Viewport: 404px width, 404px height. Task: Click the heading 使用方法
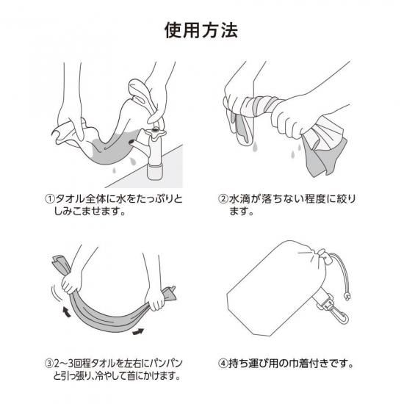tap(201, 30)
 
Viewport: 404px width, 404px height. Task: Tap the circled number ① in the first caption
tap(50, 199)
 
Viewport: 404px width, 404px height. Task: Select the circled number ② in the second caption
tap(223, 199)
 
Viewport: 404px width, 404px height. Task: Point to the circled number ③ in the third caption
tap(49, 364)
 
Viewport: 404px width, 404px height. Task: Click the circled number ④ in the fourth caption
tap(223, 364)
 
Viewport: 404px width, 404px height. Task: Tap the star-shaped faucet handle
tap(156, 132)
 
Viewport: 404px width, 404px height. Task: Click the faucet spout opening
tap(131, 142)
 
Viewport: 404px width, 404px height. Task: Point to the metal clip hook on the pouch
tap(339, 314)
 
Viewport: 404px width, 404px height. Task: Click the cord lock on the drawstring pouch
tap(325, 257)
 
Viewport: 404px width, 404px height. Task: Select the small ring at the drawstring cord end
tap(347, 297)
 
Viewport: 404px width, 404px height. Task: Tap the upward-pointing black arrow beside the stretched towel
tap(66, 311)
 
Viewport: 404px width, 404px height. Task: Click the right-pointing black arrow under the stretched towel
tap(138, 331)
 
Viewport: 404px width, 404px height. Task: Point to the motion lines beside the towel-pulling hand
tap(56, 292)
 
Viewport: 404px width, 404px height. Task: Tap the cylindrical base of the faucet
tap(154, 172)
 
